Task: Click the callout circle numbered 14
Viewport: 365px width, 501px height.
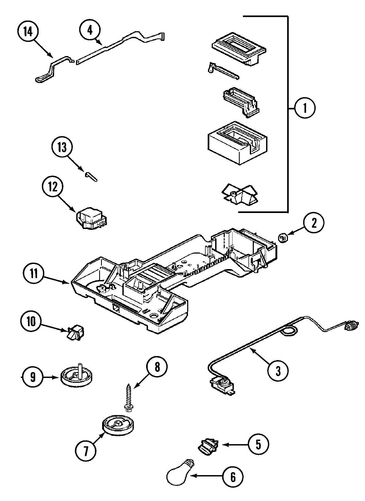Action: [x=28, y=32]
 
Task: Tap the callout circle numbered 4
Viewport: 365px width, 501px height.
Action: [x=90, y=31]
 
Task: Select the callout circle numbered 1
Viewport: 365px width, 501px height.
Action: [x=305, y=109]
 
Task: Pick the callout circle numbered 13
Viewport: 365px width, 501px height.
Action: [x=62, y=147]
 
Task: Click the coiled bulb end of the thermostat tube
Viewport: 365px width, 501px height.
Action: [x=350, y=326]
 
